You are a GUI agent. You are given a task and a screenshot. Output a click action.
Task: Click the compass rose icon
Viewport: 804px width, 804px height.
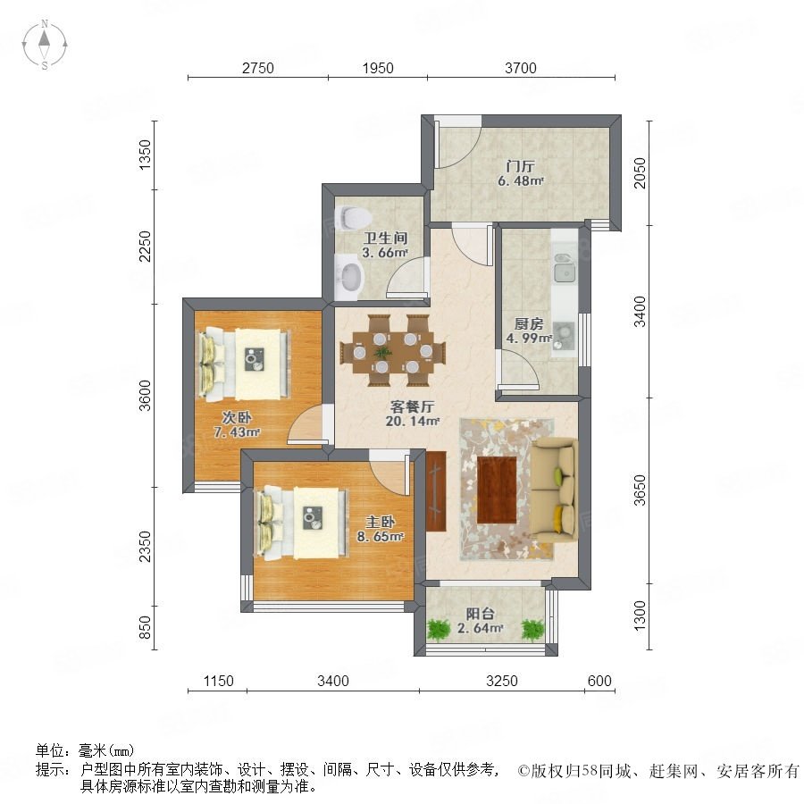[45, 44]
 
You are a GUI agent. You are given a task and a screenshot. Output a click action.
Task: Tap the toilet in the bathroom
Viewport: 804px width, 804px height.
[353, 217]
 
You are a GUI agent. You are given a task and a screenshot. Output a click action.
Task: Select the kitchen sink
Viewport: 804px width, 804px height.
[565, 268]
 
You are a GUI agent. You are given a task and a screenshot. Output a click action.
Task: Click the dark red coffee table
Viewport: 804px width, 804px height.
[497, 490]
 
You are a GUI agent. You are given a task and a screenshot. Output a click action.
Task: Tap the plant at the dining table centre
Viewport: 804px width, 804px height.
[381, 353]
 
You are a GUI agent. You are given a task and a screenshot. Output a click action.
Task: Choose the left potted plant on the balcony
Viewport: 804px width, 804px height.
[439, 630]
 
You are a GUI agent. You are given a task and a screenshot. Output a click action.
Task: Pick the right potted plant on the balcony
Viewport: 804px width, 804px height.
[532, 630]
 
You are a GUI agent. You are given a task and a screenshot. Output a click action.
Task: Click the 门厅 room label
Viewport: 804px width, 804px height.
[520, 166]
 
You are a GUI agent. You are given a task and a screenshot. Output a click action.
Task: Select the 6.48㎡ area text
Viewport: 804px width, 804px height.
[520, 181]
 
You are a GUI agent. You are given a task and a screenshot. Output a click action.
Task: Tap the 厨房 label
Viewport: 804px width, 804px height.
[528, 323]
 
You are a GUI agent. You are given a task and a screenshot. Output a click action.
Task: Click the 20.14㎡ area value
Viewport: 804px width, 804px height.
[412, 422]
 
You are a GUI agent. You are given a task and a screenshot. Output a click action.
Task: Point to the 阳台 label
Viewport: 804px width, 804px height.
[480, 613]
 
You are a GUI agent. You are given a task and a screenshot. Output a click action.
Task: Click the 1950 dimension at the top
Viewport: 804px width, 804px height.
[378, 68]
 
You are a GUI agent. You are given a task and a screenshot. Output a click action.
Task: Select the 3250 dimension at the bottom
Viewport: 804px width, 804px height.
[502, 681]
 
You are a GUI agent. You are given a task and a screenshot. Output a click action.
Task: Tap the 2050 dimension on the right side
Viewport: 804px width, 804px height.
[640, 172]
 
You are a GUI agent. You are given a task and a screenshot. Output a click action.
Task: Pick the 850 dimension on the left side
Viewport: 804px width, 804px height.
[146, 627]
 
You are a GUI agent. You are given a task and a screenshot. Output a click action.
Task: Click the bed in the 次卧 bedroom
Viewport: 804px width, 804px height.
[244, 364]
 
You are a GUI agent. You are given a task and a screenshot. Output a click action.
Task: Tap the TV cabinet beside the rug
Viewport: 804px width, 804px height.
[436, 491]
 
